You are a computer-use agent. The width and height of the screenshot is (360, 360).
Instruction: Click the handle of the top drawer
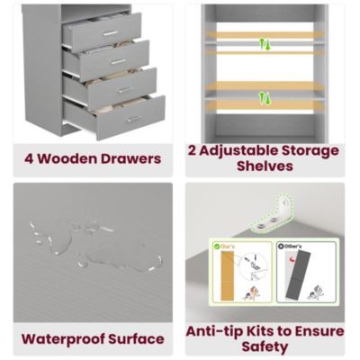(110, 33)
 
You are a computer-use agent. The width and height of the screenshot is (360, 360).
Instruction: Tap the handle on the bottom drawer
(133, 118)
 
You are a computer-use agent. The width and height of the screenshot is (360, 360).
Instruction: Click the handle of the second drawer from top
(118, 61)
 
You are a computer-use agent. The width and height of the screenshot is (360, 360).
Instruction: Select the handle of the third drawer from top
(125, 89)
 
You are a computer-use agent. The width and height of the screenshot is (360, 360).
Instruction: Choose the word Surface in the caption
(137, 339)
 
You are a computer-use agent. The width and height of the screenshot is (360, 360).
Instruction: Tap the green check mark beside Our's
(217, 246)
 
